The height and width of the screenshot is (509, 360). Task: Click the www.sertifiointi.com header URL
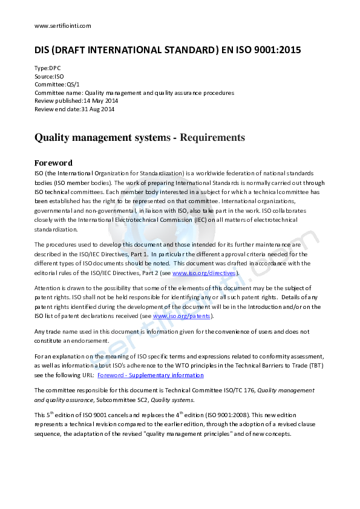point(63,25)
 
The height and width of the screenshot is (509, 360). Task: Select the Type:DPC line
point(48,68)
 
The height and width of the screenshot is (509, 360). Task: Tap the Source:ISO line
point(49,77)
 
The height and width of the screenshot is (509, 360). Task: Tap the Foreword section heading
point(54,163)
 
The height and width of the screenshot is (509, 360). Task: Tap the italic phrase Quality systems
point(176,400)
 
